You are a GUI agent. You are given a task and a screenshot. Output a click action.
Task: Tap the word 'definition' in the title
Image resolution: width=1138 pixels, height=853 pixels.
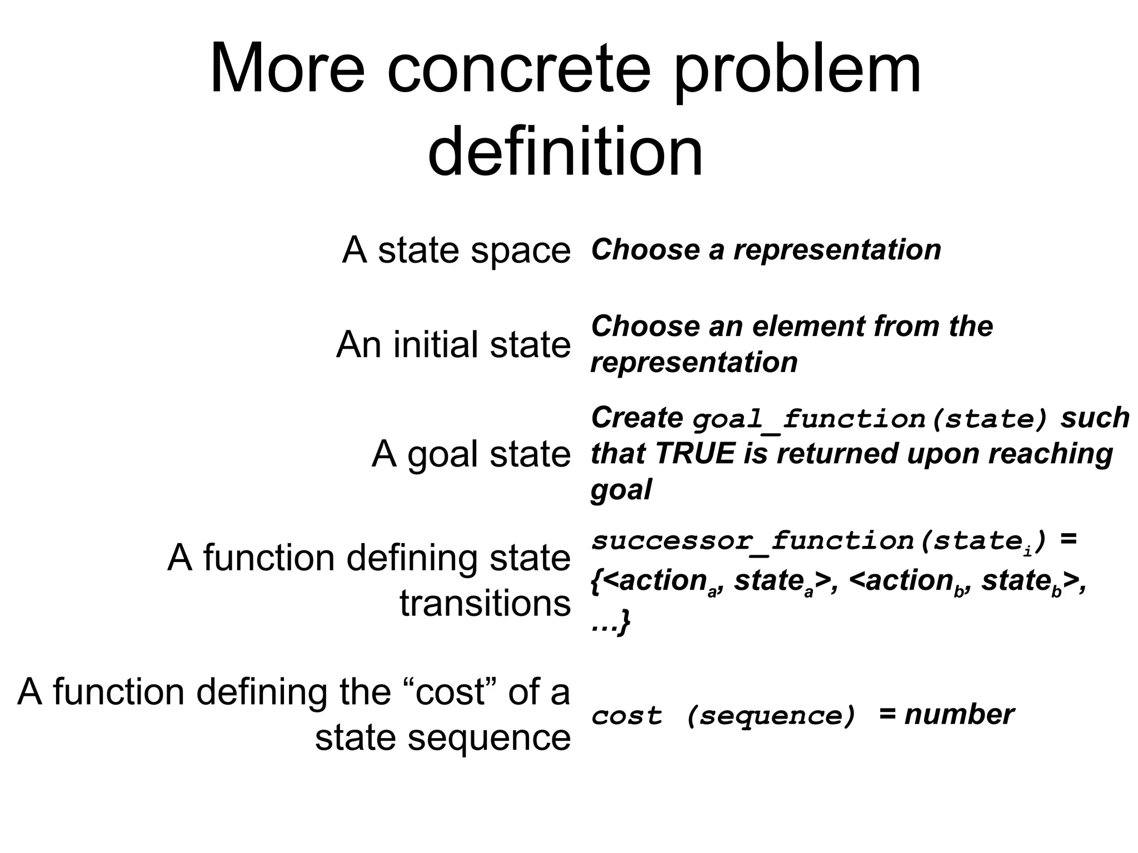pos(565,151)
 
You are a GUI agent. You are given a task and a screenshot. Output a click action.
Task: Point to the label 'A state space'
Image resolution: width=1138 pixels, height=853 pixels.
pos(456,250)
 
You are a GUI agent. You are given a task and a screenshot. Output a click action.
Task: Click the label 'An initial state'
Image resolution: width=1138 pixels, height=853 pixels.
pos(453,344)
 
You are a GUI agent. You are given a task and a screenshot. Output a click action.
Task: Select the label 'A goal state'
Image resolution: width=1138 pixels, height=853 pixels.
pos(471,454)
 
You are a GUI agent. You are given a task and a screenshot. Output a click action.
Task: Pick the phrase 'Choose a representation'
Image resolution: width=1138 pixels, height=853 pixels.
pos(766,249)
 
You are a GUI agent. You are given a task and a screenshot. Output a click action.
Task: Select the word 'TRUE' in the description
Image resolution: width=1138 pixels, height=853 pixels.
pos(695,454)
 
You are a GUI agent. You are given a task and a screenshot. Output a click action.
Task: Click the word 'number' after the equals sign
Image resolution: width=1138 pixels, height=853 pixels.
pos(959,715)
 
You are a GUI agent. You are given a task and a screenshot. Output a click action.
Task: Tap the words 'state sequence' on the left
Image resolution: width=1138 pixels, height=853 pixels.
pos(443,737)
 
